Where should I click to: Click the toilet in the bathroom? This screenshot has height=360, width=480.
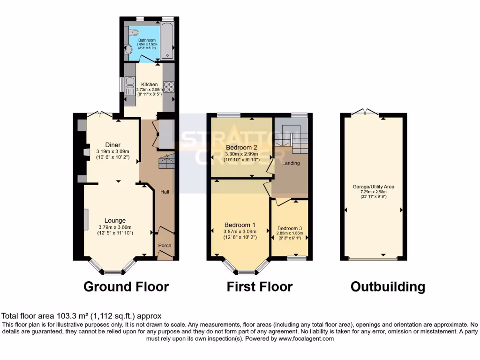point(135,33)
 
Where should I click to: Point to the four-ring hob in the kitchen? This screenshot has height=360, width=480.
point(168,87)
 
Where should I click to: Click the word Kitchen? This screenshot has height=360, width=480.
point(150,84)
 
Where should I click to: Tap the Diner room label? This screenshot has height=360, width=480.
point(112,145)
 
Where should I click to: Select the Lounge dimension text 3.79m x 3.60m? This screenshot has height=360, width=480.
point(115,227)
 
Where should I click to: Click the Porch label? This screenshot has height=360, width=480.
point(165,245)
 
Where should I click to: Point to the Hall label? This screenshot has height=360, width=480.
point(165,192)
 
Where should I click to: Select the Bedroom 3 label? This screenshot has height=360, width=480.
point(290,228)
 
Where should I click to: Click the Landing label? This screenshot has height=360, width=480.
point(291,163)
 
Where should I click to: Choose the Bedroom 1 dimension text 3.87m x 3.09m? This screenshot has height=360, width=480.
point(240,231)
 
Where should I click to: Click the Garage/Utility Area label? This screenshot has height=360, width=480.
point(373,187)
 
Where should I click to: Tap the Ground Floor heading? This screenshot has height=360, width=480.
point(126,286)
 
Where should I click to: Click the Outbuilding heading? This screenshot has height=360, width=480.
point(388,286)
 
